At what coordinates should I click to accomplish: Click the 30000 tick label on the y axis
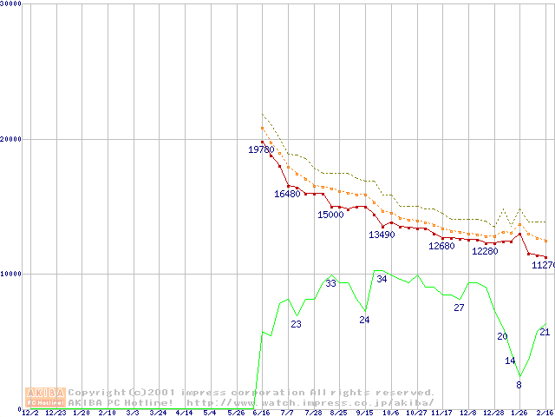tap(11, 3)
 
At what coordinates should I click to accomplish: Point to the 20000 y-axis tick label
tap(11, 139)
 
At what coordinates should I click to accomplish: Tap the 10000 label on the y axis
tap(11, 274)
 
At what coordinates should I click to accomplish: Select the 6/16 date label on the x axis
tap(261, 413)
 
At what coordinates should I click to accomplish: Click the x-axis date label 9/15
tap(364, 413)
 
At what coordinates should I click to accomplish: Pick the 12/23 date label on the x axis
tap(55, 413)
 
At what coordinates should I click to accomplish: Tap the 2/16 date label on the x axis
tap(545, 413)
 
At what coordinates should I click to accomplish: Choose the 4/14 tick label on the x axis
tap(184, 413)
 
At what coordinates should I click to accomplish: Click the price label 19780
tap(261, 150)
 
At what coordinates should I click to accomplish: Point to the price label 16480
tap(287, 194)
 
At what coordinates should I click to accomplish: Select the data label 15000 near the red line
tap(330, 215)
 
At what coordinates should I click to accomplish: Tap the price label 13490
tap(382, 235)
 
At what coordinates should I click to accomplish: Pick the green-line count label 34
tap(382, 279)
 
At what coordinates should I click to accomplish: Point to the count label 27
tap(459, 308)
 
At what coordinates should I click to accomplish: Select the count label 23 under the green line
tap(296, 324)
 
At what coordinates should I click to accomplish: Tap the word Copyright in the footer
tap(95, 393)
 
